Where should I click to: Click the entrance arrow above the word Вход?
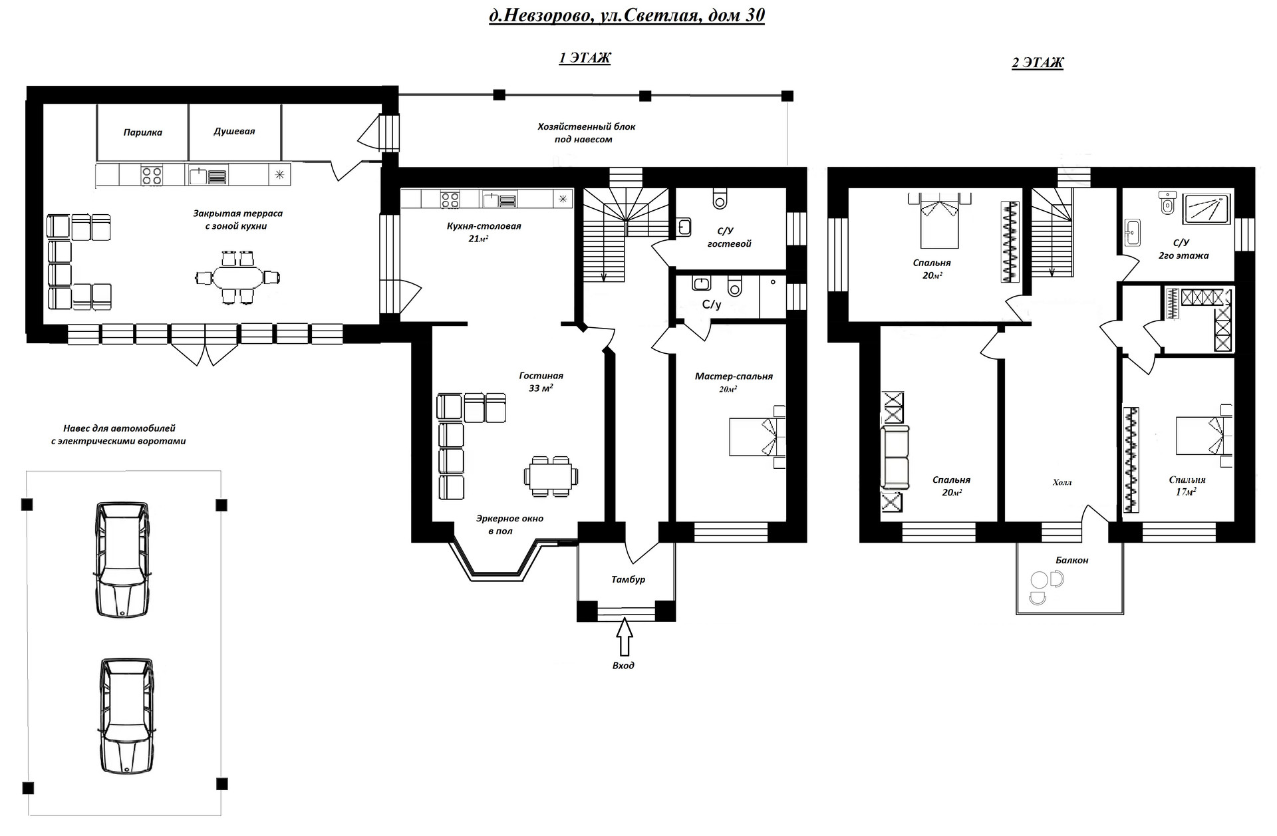tap(624, 637)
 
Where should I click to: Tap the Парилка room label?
tap(143, 132)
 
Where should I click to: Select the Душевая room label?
tap(234, 131)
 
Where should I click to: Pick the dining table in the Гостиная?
tap(551, 476)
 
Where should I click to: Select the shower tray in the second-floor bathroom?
tap(1206, 208)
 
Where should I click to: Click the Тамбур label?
tap(628, 579)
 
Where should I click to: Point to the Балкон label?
tap(1071, 560)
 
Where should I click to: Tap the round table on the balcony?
tap(1038, 581)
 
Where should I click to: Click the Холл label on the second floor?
tap(1062, 482)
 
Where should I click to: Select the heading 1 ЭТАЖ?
tap(584, 58)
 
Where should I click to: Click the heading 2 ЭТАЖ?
tap(1037, 63)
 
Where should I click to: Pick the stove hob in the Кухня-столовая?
tap(450, 198)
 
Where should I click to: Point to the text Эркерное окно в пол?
tap(509, 525)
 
